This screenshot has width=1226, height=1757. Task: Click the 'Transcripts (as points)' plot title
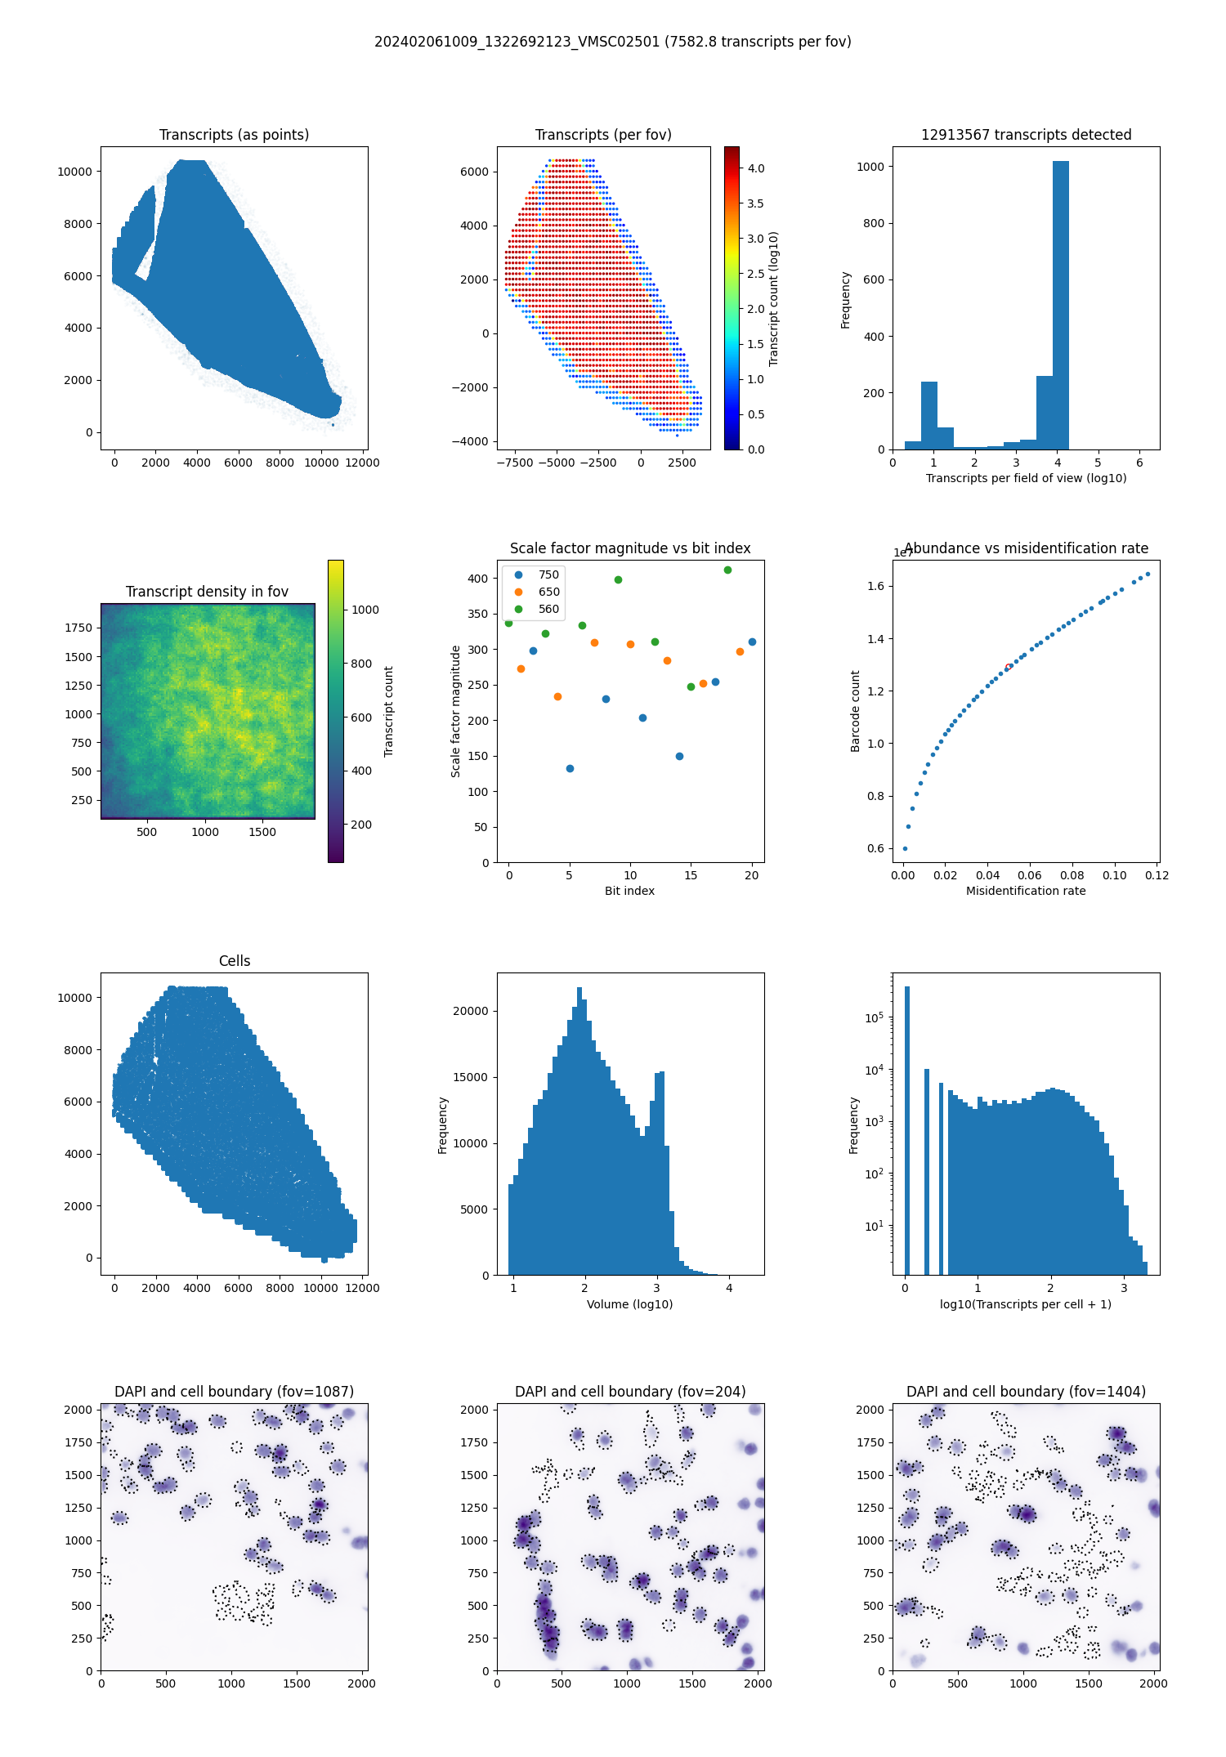click(x=234, y=135)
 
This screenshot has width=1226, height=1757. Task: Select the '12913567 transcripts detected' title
click(x=1026, y=135)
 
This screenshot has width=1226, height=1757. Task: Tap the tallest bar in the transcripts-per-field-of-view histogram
click(x=1060, y=302)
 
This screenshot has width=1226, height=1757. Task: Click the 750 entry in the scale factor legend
click(x=548, y=574)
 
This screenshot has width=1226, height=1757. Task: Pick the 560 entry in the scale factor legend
click(x=548, y=609)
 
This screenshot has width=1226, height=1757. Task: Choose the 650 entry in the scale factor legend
click(x=548, y=592)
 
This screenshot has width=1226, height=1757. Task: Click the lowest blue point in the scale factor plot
click(x=570, y=768)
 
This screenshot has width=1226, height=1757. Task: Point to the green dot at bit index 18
click(x=727, y=570)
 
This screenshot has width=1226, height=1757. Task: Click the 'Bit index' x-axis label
click(x=629, y=891)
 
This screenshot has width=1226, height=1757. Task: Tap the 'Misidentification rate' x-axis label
click(x=1026, y=891)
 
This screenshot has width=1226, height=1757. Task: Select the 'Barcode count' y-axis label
click(x=856, y=711)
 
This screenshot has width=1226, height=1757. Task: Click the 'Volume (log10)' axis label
click(x=629, y=1304)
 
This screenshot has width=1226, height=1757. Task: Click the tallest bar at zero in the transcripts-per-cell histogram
click(x=906, y=1128)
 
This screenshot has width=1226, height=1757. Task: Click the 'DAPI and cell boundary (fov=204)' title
click(x=630, y=1392)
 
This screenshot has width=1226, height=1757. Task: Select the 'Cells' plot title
click(x=235, y=961)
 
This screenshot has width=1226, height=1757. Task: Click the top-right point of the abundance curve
click(x=1148, y=574)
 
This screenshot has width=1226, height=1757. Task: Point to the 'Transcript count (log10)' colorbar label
click(x=773, y=298)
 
